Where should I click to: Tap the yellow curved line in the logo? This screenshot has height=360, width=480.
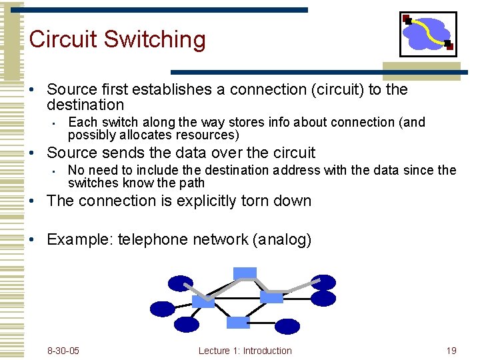pos(430,33)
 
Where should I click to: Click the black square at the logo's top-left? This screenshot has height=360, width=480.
pos(407,20)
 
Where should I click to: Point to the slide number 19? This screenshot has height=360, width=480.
pos(451,351)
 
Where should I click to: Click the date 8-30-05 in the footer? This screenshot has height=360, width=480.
pos(63,351)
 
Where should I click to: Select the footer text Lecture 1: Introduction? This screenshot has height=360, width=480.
pos(245,351)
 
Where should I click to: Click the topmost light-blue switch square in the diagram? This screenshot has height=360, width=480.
pos(245,273)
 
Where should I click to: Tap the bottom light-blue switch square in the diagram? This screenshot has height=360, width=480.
pos(238,323)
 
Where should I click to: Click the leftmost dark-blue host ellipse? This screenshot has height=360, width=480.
pos(162,309)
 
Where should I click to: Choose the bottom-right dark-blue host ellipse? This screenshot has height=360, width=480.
pos(287,326)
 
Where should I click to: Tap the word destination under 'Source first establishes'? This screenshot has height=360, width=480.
pos(85,105)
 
